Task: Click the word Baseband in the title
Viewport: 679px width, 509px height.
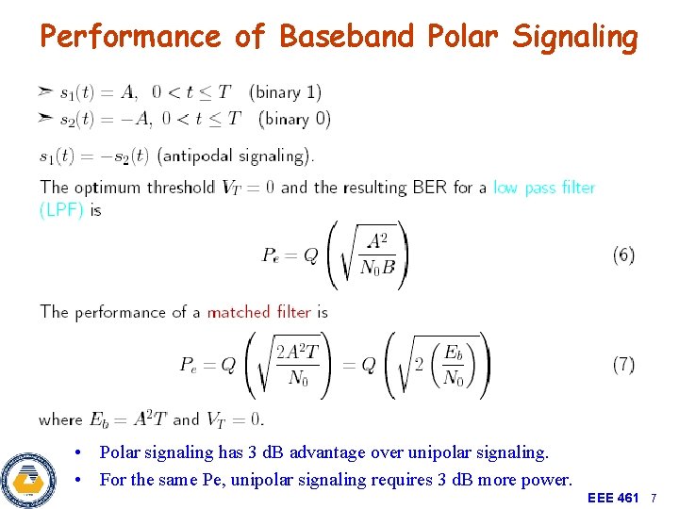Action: point(346,37)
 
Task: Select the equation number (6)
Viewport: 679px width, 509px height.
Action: point(623,255)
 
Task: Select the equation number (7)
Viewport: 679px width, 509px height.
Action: point(623,365)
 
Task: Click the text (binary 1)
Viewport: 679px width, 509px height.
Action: point(285,92)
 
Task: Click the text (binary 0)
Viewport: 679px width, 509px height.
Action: point(294,119)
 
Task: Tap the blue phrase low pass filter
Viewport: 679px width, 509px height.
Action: point(544,188)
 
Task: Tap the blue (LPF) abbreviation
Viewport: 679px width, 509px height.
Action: point(62,210)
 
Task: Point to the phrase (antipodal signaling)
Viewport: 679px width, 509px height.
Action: point(236,156)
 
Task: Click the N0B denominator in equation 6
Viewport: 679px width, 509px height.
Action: point(378,268)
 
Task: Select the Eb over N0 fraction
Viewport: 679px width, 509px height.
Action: point(454,366)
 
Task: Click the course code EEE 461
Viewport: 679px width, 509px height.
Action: point(613,497)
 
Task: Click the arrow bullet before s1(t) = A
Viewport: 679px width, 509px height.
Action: point(45,91)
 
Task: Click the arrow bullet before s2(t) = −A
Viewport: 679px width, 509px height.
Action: point(45,118)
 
